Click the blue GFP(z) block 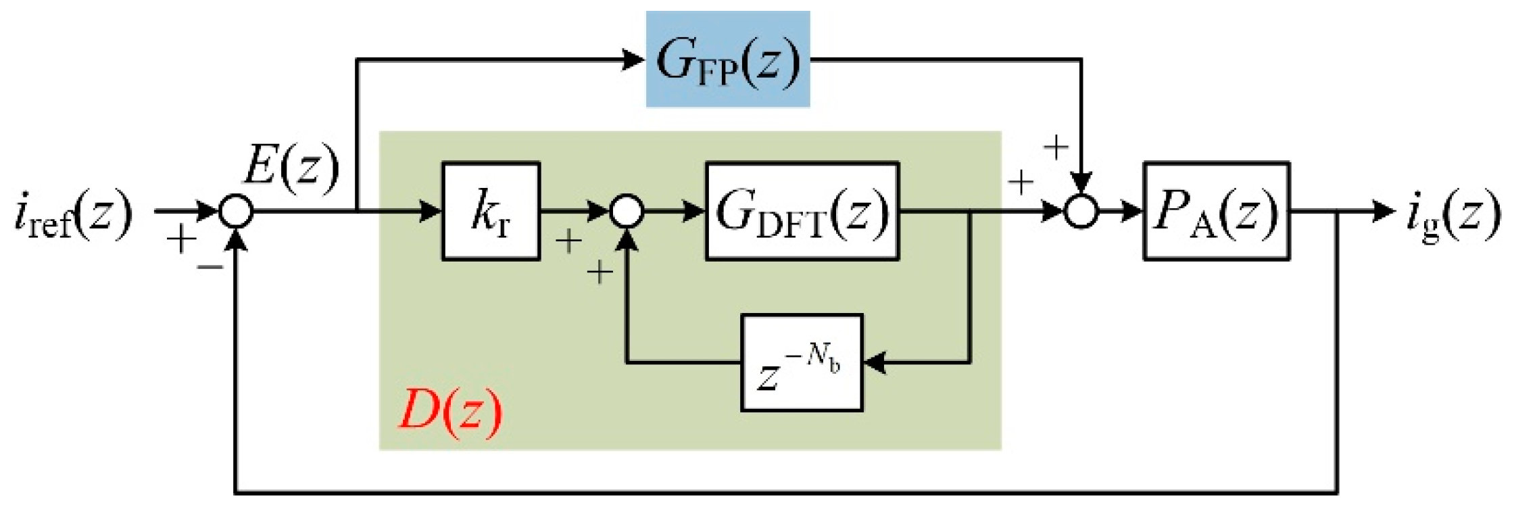click(727, 59)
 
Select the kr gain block click(491, 211)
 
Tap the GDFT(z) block click(802, 211)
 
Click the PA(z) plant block click(1216, 211)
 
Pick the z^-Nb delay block click(802, 363)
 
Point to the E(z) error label click(291, 166)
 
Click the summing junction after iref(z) click(236, 212)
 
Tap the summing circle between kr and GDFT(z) click(627, 212)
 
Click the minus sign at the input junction click(210, 268)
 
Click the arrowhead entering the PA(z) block click(1133, 212)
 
